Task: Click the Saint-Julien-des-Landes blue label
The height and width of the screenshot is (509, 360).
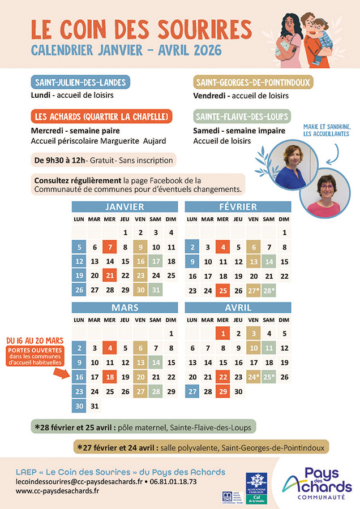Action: [80, 83]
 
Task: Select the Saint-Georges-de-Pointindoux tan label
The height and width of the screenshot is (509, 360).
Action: [253, 83]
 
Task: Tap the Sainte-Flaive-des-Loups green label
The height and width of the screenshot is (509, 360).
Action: [242, 117]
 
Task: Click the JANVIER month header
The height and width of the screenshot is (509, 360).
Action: [125, 207]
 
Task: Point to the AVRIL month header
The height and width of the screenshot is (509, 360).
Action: [238, 309]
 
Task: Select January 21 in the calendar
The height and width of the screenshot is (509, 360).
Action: [110, 275]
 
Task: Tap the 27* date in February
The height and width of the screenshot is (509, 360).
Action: [254, 291]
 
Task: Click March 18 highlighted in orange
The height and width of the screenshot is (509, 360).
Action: [110, 377]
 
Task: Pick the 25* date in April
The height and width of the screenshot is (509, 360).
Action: [269, 377]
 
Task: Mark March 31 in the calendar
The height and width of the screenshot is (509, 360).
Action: [95, 406]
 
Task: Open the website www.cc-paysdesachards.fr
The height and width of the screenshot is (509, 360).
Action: [57, 491]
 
